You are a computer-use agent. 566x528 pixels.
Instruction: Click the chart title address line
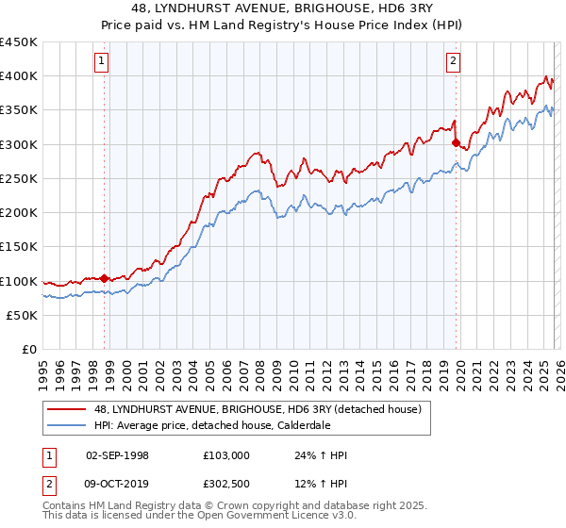click(x=283, y=8)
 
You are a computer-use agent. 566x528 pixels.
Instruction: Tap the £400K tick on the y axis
click(x=19, y=76)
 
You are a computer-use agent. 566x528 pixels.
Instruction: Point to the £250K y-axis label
click(x=19, y=178)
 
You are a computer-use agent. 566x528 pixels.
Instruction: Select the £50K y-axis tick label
click(x=23, y=315)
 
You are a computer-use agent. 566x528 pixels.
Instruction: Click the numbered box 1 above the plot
click(x=102, y=62)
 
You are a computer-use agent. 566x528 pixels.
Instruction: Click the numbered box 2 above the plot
click(x=453, y=62)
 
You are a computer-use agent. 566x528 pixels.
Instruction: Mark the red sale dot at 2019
click(x=456, y=143)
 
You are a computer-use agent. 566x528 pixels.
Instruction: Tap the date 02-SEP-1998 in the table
click(x=117, y=455)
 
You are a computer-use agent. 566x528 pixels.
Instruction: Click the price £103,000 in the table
click(x=225, y=455)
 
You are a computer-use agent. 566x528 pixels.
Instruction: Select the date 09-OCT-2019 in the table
click(x=117, y=486)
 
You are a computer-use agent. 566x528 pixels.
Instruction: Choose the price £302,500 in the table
click(x=225, y=486)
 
